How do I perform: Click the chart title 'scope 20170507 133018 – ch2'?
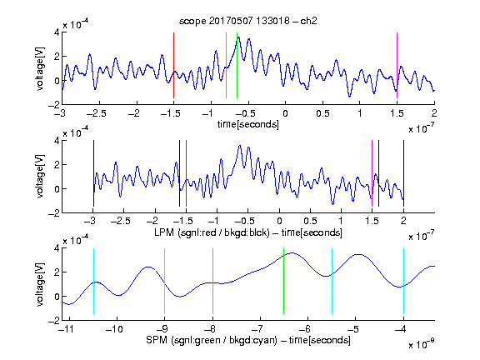coord(248,21)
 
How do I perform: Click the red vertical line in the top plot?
coord(173,65)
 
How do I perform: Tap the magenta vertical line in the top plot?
coord(397,65)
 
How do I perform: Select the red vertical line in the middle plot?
coord(186,173)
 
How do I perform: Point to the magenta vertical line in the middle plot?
coord(372,173)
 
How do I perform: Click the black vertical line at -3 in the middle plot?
coord(93,173)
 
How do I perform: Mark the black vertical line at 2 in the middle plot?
coord(403,173)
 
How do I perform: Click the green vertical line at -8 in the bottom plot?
coord(212,281)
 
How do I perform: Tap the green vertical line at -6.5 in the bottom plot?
coord(284,281)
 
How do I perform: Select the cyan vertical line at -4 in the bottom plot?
coord(403,281)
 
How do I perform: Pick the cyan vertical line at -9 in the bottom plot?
coord(164,281)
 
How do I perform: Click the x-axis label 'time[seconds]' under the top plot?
coord(248,124)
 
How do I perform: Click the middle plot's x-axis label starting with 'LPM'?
coord(248,232)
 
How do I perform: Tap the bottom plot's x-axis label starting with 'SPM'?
coord(248,340)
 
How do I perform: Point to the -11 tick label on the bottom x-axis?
coord(67,329)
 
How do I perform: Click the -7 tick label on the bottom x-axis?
coord(257,329)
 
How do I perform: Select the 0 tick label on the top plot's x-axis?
coord(285,113)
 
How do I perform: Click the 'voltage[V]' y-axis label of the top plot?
coord(40,68)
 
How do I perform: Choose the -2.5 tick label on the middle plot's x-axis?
coord(121,221)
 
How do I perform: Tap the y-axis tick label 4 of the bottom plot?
coord(57,248)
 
